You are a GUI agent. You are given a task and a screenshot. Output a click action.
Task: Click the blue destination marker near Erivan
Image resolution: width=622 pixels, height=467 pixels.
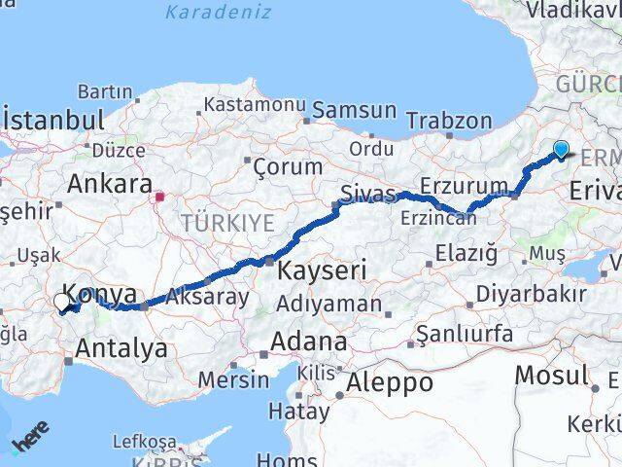tap(561, 149)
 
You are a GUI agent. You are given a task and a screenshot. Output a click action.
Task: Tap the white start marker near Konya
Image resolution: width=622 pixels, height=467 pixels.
tap(63, 304)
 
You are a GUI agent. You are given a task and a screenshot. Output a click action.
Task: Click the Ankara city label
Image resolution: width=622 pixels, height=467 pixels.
tap(109, 184)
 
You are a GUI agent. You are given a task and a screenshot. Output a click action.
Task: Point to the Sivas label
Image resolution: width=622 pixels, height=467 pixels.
tap(367, 194)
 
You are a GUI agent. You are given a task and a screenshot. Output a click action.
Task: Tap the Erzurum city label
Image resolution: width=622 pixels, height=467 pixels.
tap(464, 186)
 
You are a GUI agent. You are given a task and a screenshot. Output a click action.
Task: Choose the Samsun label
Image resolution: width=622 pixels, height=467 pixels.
tap(354, 110)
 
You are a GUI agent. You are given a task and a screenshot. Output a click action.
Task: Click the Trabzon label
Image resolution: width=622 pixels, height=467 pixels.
tap(449, 121)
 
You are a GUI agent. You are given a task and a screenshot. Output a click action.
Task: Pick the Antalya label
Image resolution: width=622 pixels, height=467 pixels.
tap(121, 347)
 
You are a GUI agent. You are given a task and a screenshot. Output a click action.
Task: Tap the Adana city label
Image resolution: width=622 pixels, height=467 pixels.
tap(308, 341)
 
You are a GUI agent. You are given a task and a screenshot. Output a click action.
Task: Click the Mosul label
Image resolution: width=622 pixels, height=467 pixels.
tap(551, 375)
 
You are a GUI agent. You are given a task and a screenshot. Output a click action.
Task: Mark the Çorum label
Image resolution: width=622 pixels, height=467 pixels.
tap(287, 166)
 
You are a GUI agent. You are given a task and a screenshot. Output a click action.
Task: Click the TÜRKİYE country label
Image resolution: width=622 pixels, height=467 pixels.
tap(227, 223)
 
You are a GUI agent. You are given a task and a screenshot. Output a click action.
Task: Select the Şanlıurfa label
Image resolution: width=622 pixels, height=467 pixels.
tap(465, 334)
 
